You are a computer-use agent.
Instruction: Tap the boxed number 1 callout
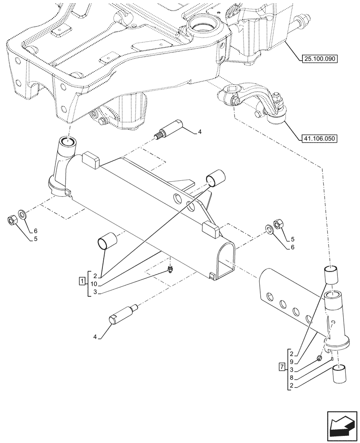(82, 281)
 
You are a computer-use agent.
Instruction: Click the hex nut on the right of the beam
(279, 224)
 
